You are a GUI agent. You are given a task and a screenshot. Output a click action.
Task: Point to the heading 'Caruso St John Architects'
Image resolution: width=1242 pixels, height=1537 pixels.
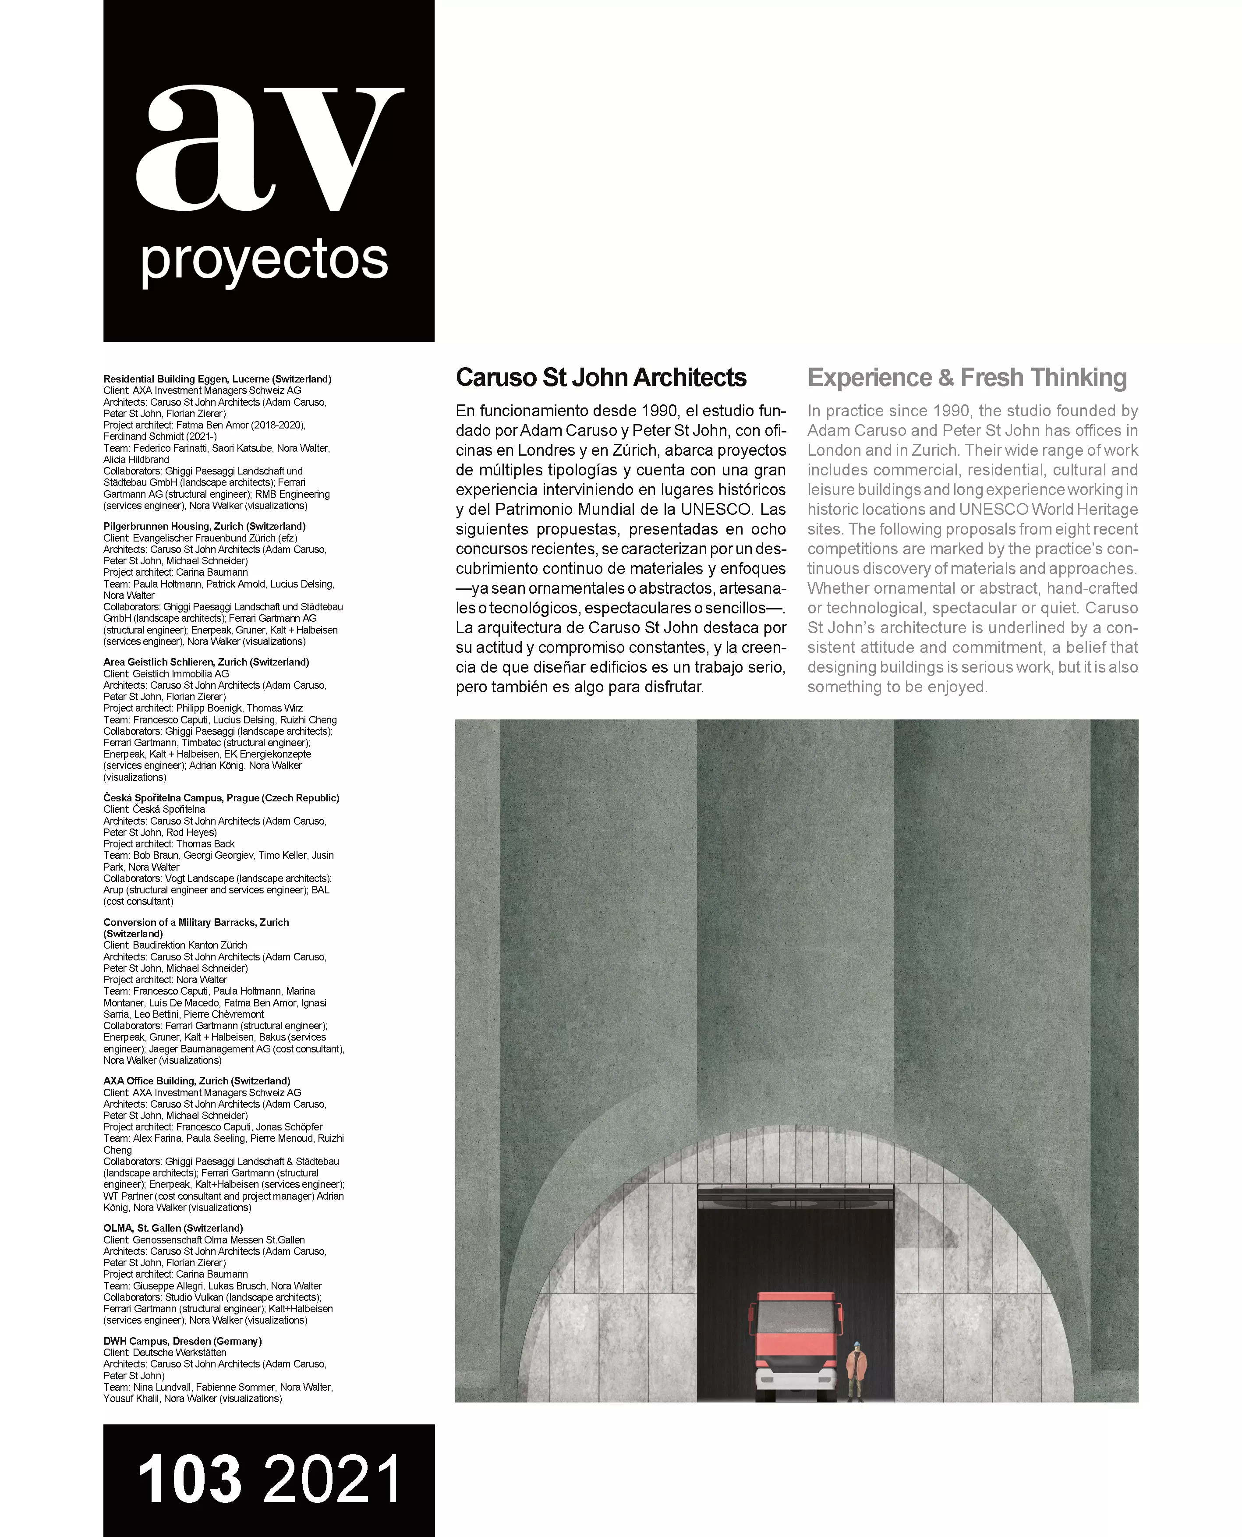(601, 378)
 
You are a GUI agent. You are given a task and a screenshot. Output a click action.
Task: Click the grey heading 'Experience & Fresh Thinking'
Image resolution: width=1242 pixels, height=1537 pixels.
(966, 378)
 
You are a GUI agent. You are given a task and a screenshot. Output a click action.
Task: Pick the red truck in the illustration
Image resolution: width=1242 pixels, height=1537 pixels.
(794, 1345)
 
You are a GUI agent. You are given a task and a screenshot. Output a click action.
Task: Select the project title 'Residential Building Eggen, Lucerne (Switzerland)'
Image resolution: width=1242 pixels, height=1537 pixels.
(217, 379)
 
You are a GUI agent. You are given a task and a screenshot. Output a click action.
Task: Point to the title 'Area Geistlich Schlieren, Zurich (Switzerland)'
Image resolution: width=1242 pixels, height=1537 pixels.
(206, 662)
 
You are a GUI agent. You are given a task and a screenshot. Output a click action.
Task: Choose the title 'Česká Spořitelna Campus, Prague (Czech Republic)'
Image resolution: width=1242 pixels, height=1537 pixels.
(221, 798)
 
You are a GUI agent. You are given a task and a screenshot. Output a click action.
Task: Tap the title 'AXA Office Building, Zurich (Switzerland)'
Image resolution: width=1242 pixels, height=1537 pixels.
(197, 1081)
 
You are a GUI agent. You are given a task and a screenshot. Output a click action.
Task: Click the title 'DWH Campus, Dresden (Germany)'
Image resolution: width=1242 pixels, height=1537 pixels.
(182, 1341)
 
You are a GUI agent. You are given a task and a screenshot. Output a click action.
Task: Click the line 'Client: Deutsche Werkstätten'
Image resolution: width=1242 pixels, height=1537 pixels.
(165, 1353)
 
